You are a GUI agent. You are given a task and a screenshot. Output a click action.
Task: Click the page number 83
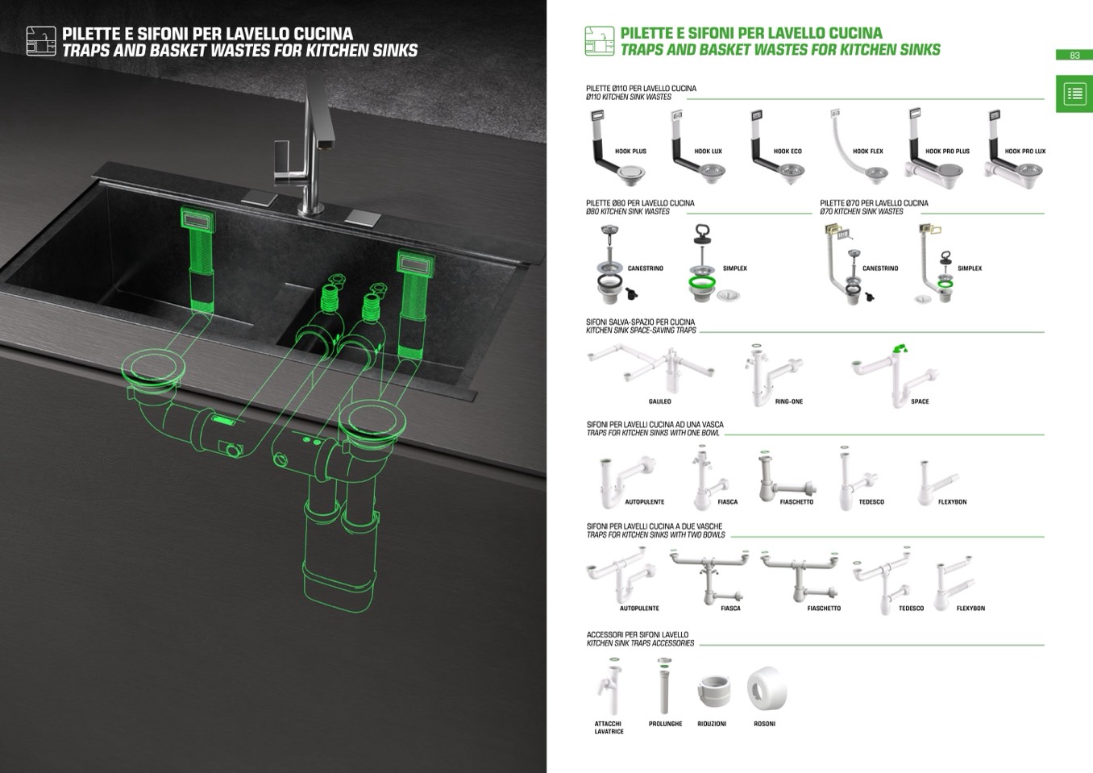pos(1074,56)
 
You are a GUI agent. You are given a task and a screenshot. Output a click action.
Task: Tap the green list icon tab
pos(1074,94)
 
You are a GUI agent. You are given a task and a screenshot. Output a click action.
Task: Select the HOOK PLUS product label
pos(630,152)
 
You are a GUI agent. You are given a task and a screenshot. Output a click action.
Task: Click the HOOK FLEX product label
pos(867,152)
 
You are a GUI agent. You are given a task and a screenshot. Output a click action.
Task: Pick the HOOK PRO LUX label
pos(1024,152)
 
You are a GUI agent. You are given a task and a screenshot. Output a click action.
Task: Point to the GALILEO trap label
pos(659,401)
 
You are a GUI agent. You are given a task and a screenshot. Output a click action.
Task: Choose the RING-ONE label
pos(788,401)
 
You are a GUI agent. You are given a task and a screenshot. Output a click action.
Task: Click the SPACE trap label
pos(919,401)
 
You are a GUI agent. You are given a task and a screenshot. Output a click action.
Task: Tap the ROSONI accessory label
pos(764,724)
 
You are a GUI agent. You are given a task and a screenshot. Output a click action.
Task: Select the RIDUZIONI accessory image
pos(713,692)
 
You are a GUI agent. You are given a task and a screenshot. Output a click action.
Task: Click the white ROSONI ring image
pos(765,689)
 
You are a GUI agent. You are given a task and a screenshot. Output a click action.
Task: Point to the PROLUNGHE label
pos(665,724)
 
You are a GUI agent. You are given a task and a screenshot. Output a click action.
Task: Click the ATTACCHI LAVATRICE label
pos(609,727)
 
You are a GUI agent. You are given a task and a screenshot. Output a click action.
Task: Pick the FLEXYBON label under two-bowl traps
pos(970,609)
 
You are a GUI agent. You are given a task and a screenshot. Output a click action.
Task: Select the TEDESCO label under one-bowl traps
pos(871,502)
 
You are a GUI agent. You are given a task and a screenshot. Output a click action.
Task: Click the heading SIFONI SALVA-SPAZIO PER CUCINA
pos(640,322)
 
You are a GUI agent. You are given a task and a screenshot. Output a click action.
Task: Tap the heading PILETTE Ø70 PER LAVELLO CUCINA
pos(874,203)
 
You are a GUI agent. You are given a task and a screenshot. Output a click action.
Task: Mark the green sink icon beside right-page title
pos(599,40)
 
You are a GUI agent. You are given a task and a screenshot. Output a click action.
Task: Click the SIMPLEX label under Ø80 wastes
pos(734,268)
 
